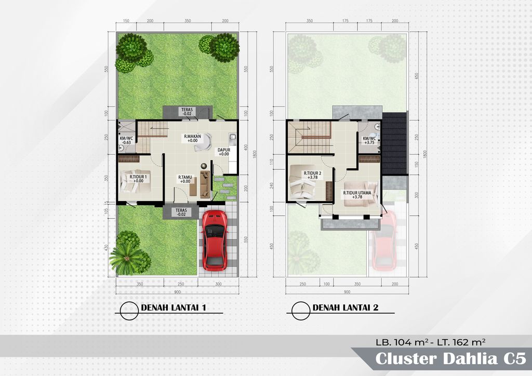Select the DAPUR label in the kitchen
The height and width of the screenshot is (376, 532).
tap(223, 152)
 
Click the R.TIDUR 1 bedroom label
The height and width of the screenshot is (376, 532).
tap(139, 179)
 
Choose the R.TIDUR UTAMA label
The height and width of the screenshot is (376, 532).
tap(357, 194)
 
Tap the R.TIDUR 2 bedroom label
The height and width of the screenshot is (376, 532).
tap(313, 175)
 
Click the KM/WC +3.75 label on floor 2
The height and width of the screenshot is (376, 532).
tap(369, 140)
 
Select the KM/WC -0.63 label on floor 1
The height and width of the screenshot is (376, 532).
tap(126, 140)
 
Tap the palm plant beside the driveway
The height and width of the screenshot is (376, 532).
tap(127, 257)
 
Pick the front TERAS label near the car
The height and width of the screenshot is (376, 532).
tap(181, 212)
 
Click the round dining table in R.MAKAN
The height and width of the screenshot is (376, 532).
tap(202, 142)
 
